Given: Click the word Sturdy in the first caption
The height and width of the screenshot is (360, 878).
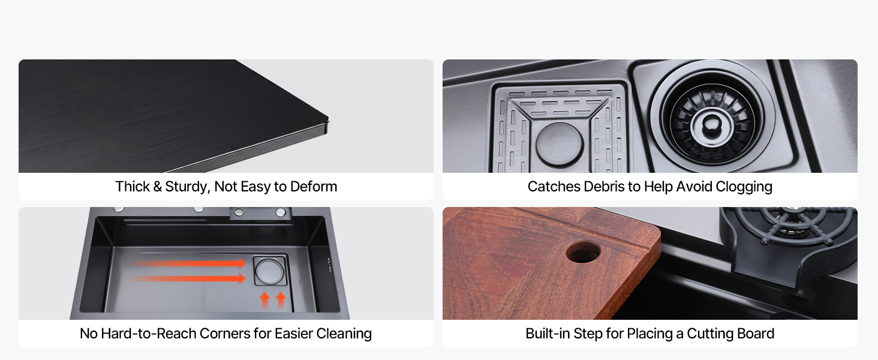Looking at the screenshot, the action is [187, 187].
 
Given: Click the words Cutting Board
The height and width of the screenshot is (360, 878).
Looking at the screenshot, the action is [730, 334].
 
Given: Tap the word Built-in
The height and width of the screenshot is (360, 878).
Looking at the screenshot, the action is [548, 334].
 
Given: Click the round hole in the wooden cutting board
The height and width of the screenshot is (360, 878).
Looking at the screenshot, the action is [584, 252].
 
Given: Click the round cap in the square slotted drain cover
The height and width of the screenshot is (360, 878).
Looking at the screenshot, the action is [560, 144].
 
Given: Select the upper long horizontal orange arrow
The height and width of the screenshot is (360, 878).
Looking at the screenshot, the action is [187, 263].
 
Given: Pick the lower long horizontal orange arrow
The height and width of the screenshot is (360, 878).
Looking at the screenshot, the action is [187, 278].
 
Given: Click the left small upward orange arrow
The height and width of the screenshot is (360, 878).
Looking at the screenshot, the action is [265, 300].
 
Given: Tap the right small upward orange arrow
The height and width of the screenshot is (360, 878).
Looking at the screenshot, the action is [281, 300].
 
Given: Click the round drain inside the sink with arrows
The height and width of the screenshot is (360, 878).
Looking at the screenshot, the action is [270, 271].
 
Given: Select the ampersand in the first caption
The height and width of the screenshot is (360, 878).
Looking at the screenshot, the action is [157, 187].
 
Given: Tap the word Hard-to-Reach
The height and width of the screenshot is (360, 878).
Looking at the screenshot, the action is [148, 334].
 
